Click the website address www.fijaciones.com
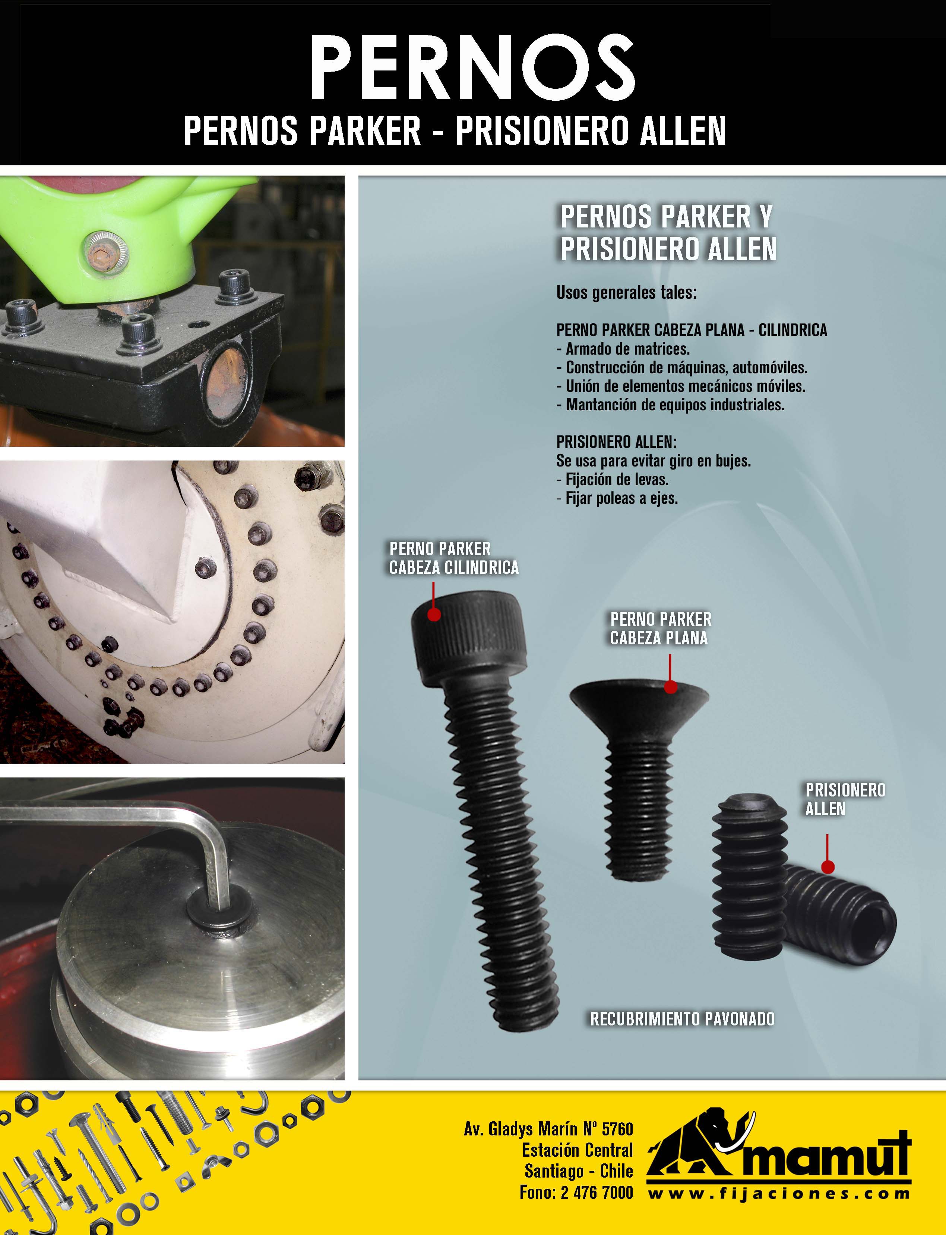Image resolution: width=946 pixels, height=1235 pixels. [779, 1193]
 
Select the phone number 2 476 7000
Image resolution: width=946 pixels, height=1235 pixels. [597, 1192]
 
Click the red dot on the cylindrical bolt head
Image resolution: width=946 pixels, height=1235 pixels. [434, 614]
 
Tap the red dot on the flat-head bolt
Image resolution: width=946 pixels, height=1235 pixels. [670, 687]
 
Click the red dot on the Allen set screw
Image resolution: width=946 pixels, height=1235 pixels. [827, 867]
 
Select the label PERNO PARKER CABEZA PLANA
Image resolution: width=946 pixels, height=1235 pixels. [661, 629]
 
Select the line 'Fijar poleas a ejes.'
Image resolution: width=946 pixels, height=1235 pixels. [617, 498]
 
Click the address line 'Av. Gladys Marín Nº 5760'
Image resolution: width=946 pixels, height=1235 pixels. [548, 1129]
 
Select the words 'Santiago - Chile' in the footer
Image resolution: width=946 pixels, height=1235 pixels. [579, 1171]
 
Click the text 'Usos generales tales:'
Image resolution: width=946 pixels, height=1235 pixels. [626, 293]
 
